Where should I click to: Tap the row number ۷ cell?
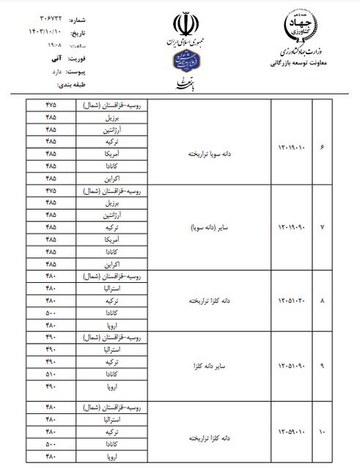coord(323,227)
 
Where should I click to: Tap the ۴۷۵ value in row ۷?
coord(51,189)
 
